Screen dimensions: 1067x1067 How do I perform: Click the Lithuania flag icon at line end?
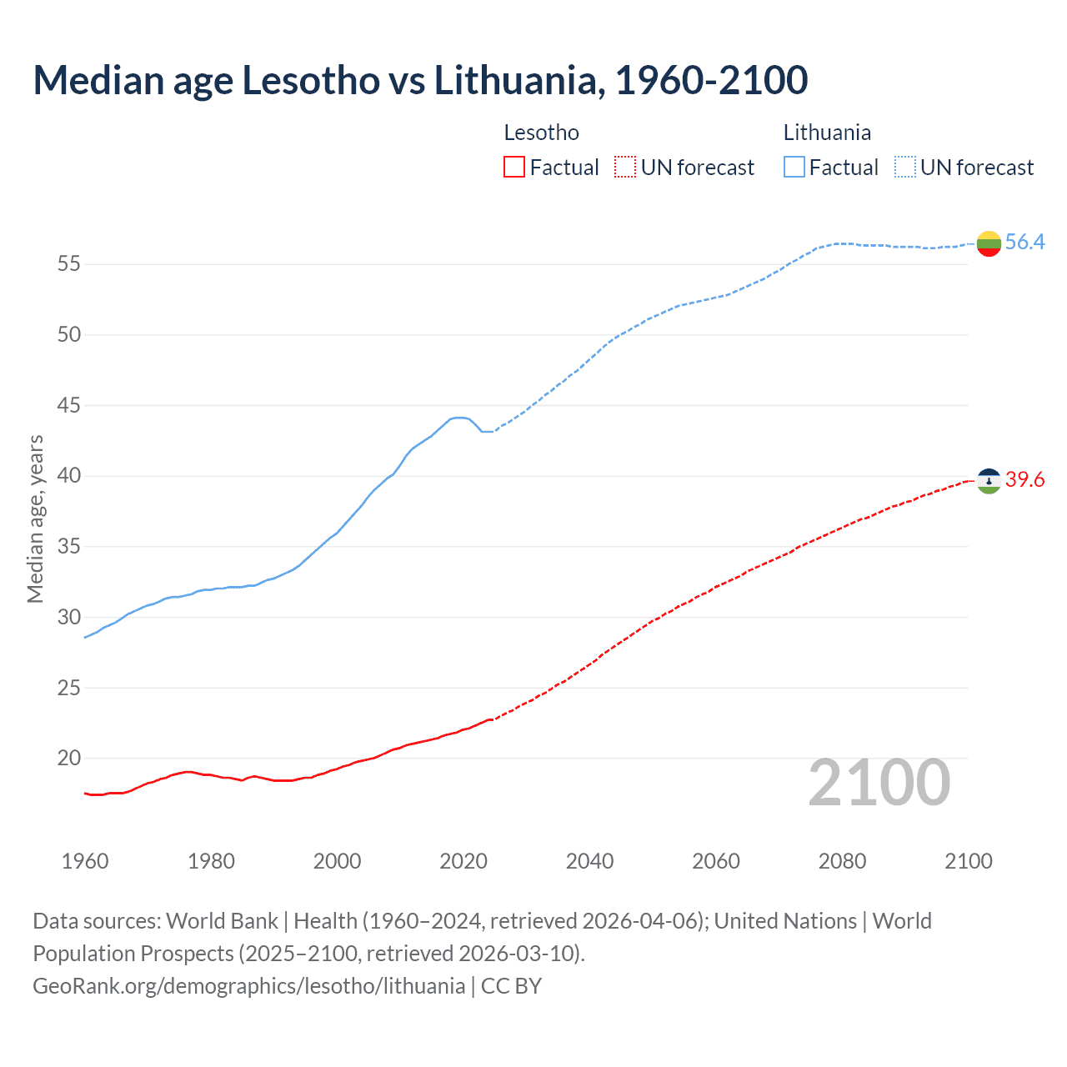tap(989, 243)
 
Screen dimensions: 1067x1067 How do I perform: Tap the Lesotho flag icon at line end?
tap(989, 480)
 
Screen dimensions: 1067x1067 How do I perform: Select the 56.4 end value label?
tap(1024, 242)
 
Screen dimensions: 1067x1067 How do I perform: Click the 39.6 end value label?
tap(1024, 479)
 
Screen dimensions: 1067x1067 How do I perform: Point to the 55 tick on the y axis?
tap(69, 264)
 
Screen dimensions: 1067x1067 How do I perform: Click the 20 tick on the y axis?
tap(69, 759)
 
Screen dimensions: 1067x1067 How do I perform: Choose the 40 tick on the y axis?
tap(69, 476)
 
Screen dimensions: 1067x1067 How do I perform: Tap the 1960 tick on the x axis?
tap(85, 861)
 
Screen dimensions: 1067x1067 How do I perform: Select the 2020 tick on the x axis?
tap(463, 861)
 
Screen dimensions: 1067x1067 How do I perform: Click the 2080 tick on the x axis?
tap(842, 861)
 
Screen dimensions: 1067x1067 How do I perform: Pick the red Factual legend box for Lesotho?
tap(514, 168)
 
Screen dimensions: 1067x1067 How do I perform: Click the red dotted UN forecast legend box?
tap(625, 168)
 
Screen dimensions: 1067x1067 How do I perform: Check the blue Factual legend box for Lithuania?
tap(794, 168)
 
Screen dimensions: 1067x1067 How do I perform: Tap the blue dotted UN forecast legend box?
tap(904, 168)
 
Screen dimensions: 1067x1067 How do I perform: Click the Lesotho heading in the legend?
tap(542, 133)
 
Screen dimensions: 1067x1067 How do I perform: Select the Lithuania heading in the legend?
tap(827, 133)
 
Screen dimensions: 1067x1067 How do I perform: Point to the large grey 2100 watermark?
tap(879, 783)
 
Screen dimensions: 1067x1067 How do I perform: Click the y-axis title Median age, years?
tap(35, 518)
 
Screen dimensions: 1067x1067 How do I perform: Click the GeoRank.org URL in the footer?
tap(248, 986)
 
